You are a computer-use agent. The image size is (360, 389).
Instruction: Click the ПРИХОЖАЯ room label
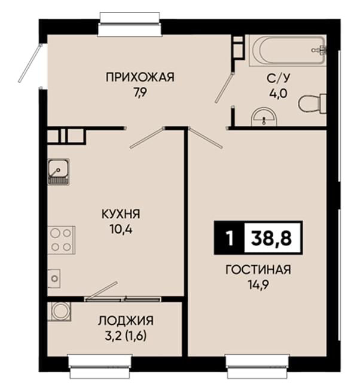click(x=140, y=77)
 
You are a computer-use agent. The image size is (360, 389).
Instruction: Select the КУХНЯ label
click(x=121, y=214)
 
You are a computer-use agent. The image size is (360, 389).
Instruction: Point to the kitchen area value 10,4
click(x=121, y=230)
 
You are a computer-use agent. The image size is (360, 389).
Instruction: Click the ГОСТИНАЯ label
click(x=258, y=270)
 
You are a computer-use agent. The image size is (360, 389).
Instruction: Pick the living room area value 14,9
click(x=258, y=285)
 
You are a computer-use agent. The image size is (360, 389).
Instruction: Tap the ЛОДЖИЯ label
click(x=126, y=321)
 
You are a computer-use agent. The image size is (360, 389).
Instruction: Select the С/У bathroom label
click(x=278, y=78)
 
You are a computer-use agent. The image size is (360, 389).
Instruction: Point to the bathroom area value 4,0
click(x=278, y=94)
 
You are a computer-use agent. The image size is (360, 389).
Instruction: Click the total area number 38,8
click(x=271, y=238)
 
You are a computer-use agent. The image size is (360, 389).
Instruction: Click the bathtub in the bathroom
click(x=288, y=51)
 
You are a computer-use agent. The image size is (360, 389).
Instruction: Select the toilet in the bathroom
click(x=312, y=104)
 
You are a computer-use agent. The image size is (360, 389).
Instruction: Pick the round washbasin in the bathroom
click(x=264, y=117)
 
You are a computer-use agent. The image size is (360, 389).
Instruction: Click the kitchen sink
click(x=58, y=172)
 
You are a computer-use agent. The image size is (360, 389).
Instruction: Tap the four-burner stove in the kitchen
click(x=62, y=240)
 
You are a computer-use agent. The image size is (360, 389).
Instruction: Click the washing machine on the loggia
click(x=59, y=311)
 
